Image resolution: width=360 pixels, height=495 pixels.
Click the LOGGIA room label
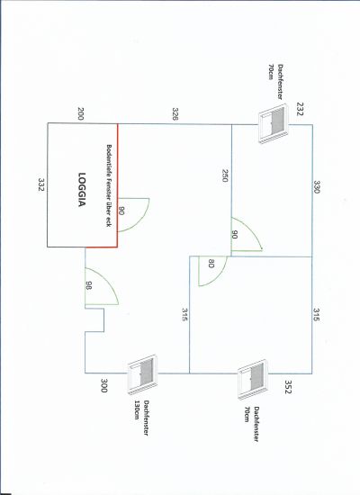(82, 189)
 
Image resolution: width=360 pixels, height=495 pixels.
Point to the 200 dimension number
(80, 113)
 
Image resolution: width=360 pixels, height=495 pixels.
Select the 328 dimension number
(175, 114)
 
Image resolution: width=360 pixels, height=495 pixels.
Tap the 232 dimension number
(300, 109)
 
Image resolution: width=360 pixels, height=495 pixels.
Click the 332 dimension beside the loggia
(41, 184)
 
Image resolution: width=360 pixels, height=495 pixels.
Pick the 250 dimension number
(224, 175)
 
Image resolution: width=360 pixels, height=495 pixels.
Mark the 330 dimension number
(317, 187)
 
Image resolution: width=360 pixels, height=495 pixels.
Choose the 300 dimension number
(103, 385)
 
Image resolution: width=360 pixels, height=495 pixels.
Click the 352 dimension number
(288, 387)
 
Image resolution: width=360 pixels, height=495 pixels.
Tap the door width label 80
(211, 264)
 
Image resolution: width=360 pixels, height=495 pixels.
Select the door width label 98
(89, 285)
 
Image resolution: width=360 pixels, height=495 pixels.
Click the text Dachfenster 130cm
(142, 418)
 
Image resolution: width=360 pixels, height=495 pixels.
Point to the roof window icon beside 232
(274, 125)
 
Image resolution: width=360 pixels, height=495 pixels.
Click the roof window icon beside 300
(142, 374)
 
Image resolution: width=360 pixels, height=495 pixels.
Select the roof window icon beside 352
(253, 379)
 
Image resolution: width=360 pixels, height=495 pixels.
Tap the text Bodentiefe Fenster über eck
(109, 185)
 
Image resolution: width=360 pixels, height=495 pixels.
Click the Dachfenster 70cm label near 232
(275, 81)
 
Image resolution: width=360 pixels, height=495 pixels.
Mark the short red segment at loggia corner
(101, 247)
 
